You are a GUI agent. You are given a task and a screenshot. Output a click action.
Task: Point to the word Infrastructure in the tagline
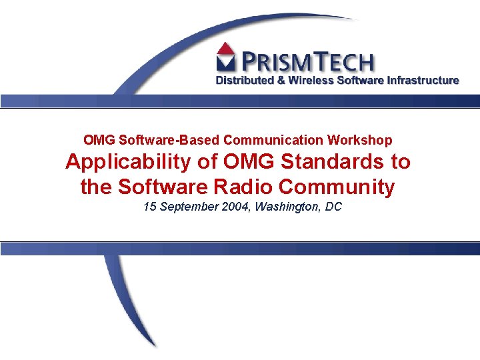[x=420, y=80]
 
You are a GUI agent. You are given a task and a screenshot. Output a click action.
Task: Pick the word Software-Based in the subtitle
[x=169, y=140]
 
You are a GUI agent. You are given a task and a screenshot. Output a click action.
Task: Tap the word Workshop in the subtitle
[x=359, y=140]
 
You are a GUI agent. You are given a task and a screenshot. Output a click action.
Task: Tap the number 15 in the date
[x=150, y=207]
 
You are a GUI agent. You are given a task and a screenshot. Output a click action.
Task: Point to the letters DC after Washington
[x=333, y=207]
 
